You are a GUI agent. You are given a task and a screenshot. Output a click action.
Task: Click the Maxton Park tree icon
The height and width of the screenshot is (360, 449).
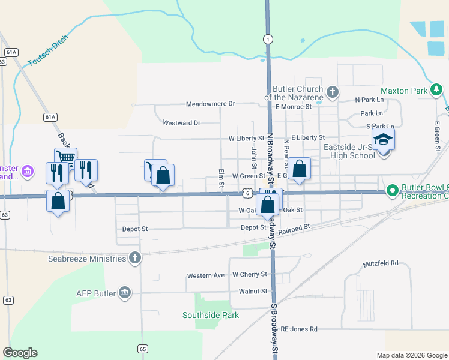pos(437,91)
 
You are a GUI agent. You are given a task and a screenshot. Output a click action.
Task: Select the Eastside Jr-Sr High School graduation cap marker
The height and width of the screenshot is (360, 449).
pos(383,140)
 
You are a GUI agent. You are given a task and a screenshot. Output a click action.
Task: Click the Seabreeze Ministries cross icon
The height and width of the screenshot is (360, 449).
pos(135,259)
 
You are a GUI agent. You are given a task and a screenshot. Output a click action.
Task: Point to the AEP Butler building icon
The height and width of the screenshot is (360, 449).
pos(125,293)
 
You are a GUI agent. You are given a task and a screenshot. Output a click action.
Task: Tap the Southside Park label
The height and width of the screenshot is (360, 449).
pos(211,315)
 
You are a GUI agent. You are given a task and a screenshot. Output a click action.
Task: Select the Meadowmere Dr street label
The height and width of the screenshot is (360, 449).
pos(210,104)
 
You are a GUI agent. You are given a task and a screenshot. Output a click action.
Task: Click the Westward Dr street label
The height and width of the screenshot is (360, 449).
pos(181,122)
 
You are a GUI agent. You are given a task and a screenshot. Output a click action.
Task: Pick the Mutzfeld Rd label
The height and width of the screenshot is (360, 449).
pos(381,263)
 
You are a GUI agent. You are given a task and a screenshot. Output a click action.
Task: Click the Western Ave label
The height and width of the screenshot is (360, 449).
pos(206,275)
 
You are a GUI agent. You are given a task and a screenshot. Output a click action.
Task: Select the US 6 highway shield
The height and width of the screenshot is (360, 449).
pos(247,193)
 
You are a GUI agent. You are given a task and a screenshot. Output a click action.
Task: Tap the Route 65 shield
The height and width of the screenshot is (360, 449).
pos(142,348)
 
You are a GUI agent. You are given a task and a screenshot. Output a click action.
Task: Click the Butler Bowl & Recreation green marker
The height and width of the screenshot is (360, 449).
pos(392,191)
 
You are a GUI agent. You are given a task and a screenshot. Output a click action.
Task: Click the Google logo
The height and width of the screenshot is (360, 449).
pos(20,353)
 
